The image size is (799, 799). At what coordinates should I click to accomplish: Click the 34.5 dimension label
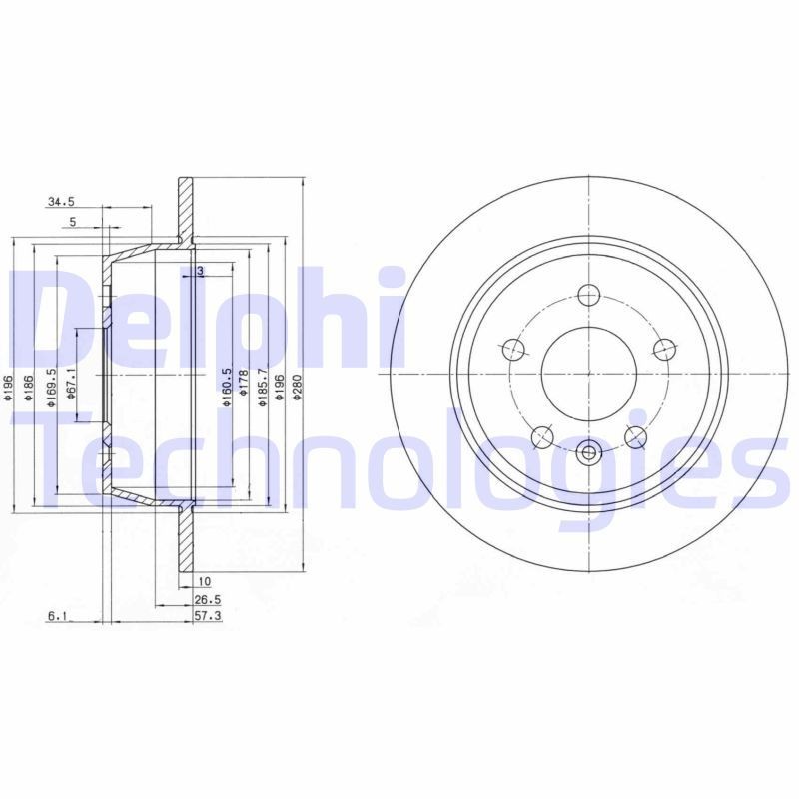click(x=60, y=203)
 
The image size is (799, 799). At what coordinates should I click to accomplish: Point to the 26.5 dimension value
click(x=208, y=600)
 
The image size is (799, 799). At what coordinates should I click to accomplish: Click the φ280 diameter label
click(x=297, y=387)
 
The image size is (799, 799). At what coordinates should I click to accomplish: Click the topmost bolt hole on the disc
click(x=588, y=295)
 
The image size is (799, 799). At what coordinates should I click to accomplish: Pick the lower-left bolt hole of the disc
click(x=542, y=436)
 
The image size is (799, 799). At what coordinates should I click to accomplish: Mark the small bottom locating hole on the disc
click(x=588, y=452)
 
